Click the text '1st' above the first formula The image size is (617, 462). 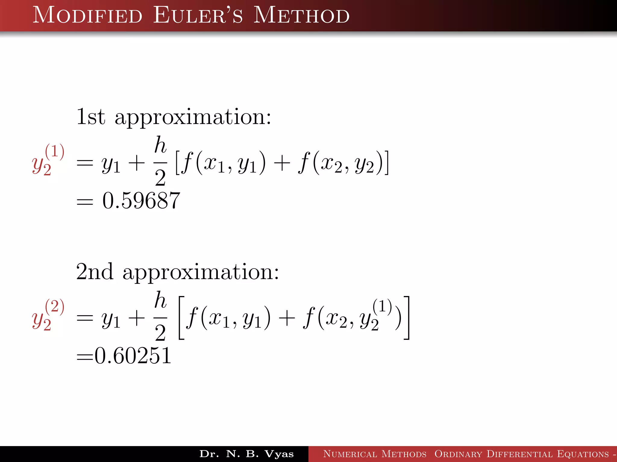point(91,117)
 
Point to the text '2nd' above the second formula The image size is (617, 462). point(95,272)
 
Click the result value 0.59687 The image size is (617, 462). point(141,201)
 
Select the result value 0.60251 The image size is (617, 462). point(133,356)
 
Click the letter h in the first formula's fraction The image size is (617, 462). point(160,145)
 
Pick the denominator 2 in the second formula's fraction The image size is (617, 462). point(160,333)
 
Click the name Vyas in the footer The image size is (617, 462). point(279,454)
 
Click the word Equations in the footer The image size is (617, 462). point(583,454)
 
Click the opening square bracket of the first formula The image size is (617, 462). point(178,163)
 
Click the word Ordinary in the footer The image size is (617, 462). point(458,454)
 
